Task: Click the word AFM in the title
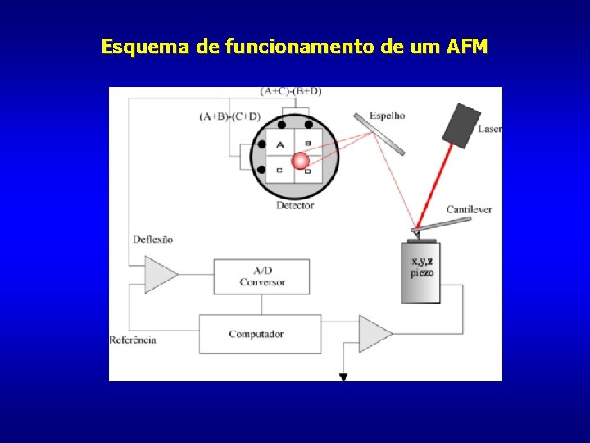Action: (x=467, y=47)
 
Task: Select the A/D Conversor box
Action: (x=262, y=276)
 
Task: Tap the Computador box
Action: (x=256, y=334)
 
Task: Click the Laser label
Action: (x=489, y=129)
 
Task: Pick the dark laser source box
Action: (x=461, y=126)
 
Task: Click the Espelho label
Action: (x=387, y=116)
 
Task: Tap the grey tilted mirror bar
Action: (x=379, y=134)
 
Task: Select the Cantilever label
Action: (x=469, y=210)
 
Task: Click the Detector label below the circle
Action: (x=295, y=205)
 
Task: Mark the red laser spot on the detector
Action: (x=302, y=161)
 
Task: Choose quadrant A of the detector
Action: (x=280, y=145)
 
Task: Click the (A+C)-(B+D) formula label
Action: (x=291, y=90)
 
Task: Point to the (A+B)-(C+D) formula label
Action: (x=230, y=116)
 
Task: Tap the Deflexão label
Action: (x=153, y=240)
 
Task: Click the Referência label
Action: (x=133, y=340)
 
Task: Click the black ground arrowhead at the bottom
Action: (x=343, y=377)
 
